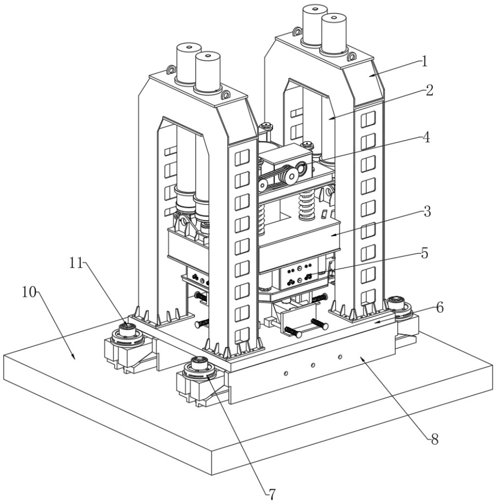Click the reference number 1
[424, 61]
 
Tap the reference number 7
[270, 491]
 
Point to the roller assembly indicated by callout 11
[128, 333]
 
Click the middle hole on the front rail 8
[313, 365]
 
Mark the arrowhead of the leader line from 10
[73, 358]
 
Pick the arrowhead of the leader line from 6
[375, 320]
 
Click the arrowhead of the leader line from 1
[369, 76]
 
